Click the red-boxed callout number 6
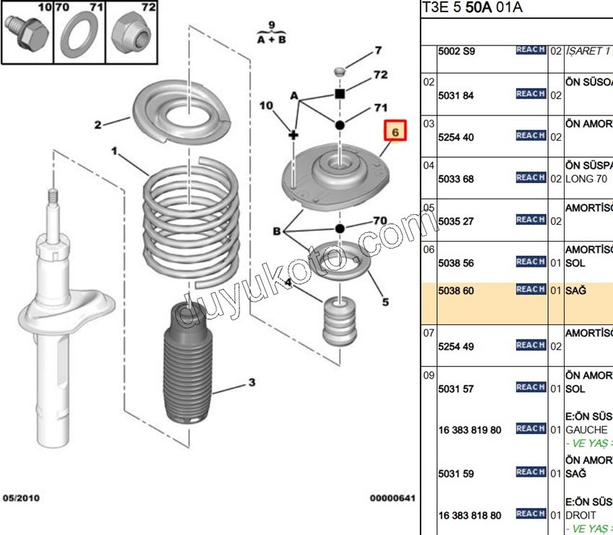395,132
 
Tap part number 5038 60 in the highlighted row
456,290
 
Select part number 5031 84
456,95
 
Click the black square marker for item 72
340,94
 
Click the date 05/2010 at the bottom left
21,498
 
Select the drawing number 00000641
393,498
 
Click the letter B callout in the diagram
276,231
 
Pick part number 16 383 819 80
469,430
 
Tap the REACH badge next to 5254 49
531,345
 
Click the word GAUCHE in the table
586,430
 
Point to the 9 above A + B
271,25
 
